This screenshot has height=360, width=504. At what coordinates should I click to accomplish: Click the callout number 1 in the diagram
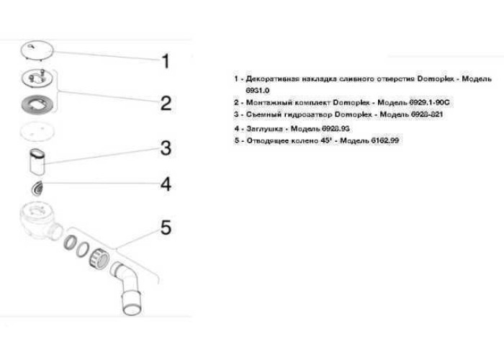pyautogui.click(x=166, y=61)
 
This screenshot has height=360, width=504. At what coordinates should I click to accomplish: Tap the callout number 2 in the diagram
pyautogui.click(x=166, y=103)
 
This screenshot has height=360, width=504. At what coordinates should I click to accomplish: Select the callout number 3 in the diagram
pyautogui.click(x=166, y=148)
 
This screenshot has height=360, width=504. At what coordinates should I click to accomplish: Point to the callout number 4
pyautogui.click(x=166, y=185)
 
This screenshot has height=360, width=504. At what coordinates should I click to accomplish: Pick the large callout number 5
pyautogui.click(x=166, y=228)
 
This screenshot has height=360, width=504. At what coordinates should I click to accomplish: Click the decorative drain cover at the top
pyautogui.click(x=37, y=50)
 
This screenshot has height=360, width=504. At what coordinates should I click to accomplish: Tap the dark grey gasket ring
pyautogui.click(x=37, y=104)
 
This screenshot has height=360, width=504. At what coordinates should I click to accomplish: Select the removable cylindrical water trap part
pyautogui.click(x=37, y=162)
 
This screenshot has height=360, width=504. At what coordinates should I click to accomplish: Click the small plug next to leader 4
pyautogui.click(x=37, y=189)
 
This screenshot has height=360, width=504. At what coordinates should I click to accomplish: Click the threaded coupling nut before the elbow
pyautogui.click(x=99, y=258)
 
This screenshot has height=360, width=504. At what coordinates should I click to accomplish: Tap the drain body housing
pyautogui.click(x=40, y=221)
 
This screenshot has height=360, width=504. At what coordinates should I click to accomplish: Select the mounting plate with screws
pyautogui.click(x=37, y=78)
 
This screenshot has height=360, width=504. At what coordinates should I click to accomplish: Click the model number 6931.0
pyautogui.click(x=258, y=91)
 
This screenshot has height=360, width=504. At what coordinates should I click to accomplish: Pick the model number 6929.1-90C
pyautogui.click(x=429, y=102)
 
